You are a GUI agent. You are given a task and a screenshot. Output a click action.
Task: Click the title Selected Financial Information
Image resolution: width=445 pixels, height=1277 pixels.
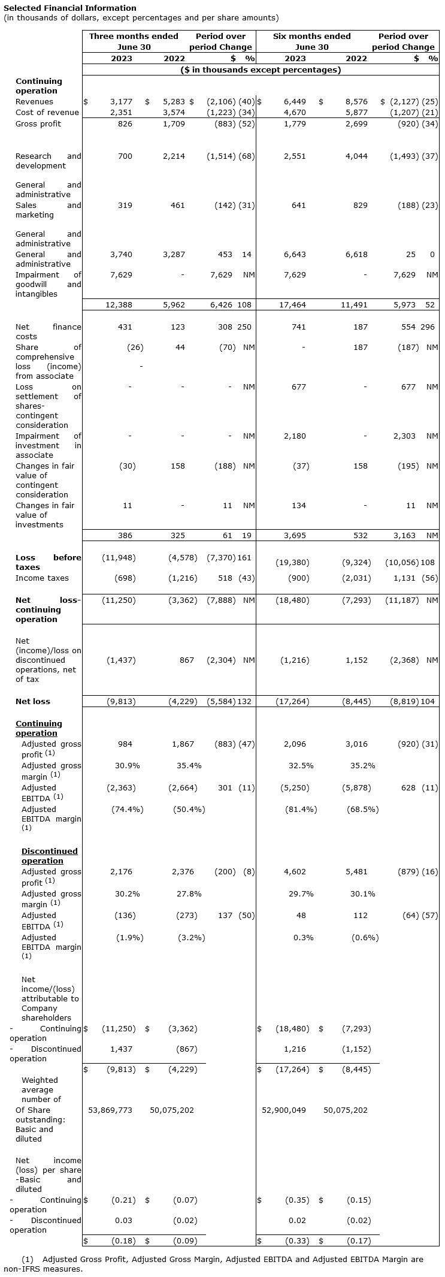(x=70, y=8)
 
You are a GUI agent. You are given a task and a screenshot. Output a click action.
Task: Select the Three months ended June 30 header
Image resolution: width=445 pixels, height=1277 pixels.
(x=134, y=41)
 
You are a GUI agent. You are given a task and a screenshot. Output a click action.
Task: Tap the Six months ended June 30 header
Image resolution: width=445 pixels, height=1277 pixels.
(x=311, y=41)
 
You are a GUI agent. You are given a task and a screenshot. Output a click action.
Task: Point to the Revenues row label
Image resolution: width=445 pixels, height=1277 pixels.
(x=34, y=102)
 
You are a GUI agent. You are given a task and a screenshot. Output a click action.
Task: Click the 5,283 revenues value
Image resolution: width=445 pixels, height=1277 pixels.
(x=174, y=102)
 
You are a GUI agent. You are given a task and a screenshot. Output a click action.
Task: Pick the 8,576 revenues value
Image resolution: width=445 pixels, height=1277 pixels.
(x=356, y=102)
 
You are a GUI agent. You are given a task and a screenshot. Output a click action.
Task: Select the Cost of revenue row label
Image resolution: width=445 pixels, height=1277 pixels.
(x=47, y=112)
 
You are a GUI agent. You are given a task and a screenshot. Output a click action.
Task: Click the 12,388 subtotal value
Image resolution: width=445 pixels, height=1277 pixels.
(x=119, y=304)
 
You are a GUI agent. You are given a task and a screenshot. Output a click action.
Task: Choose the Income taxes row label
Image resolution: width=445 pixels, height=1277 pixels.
(x=42, y=578)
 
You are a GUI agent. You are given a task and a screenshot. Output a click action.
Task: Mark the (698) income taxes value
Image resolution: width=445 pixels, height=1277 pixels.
(x=125, y=578)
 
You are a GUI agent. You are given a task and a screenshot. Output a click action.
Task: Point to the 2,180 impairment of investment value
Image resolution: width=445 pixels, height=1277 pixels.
(x=295, y=436)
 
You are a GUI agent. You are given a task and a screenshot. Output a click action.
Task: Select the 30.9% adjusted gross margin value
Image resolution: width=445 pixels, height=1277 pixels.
(x=127, y=765)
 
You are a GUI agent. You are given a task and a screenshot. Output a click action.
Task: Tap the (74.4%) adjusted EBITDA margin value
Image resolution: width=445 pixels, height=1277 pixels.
(x=127, y=809)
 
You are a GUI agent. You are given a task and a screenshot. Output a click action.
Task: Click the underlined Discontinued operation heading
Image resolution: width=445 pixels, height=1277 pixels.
(x=49, y=856)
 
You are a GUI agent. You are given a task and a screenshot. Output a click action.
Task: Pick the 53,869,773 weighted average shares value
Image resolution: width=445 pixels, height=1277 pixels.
(x=110, y=1110)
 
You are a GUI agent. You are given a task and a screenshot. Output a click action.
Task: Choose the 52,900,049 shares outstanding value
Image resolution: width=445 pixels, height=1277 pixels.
(x=284, y=1110)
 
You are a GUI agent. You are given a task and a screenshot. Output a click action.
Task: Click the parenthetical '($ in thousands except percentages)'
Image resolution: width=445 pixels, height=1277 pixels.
(x=261, y=70)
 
